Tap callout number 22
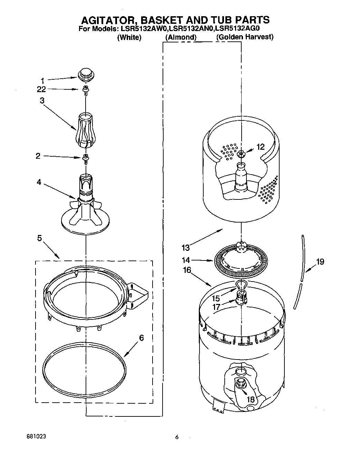point(42,89)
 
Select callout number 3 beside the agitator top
point(42,100)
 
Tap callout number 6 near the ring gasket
point(141,338)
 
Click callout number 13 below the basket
point(185,247)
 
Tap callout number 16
point(187,270)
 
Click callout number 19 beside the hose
point(320,262)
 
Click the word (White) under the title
point(129,37)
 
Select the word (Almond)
point(181,37)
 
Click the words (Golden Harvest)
point(245,37)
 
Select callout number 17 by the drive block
point(216,306)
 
